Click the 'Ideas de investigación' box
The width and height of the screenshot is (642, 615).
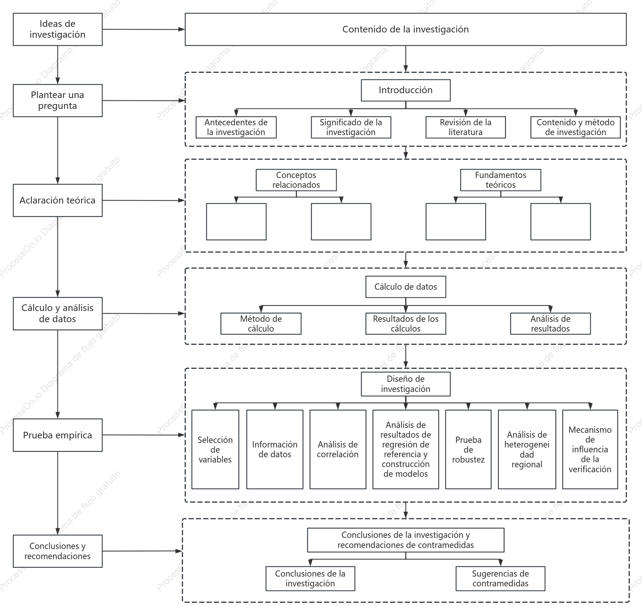[x=58, y=29]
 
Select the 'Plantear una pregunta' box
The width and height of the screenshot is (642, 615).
[x=58, y=101]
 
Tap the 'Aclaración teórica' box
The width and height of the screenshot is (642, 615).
[x=58, y=200]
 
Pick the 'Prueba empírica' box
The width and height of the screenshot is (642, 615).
[x=58, y=435]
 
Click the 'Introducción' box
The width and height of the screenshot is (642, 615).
[x=406, y=90]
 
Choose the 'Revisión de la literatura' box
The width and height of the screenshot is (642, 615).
[x=466, y=127]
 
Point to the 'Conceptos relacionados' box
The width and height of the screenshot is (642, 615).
[x=296, y=180]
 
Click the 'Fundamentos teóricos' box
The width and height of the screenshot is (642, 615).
[x=500, y=180]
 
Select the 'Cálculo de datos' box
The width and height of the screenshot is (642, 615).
[x=406, y=287]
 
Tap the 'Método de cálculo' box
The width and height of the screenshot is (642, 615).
[x=261, y=324]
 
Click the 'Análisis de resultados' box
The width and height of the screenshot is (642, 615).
[x=550, y=324]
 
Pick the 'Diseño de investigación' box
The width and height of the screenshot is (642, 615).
[x=406, y=384]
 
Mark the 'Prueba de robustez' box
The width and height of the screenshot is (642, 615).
[x=468, y=449]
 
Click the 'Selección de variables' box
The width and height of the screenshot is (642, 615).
[x=215, y=449]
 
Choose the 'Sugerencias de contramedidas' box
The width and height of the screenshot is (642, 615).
[x=500, y=578]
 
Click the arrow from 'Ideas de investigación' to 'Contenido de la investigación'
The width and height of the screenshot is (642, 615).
[x=144, y=29]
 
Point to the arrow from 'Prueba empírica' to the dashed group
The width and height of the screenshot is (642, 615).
[x=144, y=435]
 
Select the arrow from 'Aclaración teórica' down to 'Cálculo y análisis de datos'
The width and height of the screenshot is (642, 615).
[x=58, y=257]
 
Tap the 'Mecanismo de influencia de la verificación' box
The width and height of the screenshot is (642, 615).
[x=590, y=449]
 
